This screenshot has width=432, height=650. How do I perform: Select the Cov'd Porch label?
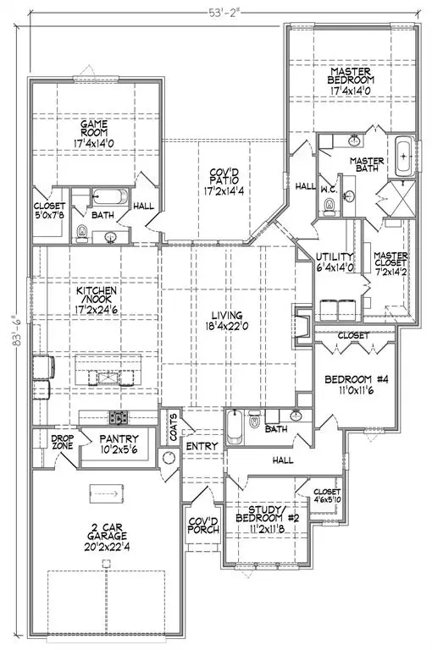pos(203,526)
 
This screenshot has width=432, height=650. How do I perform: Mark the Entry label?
pos(202,446)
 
